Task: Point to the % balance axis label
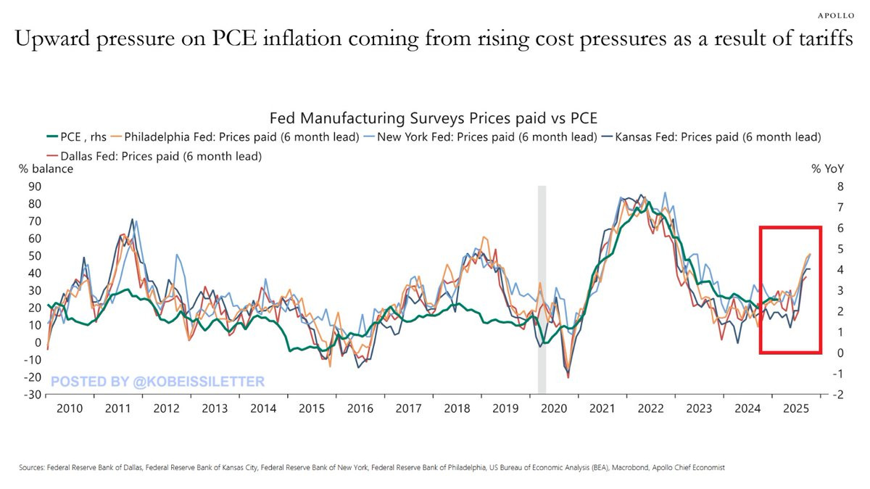tap(46, 169)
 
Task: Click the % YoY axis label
tap(827, 169)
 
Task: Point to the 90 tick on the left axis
tap(33, 186)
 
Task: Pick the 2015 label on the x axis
tap(312, 409)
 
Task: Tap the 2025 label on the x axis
tap(797, 409)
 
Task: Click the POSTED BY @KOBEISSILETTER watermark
tap(157, 381)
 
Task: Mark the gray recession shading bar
tap(542, 290)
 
